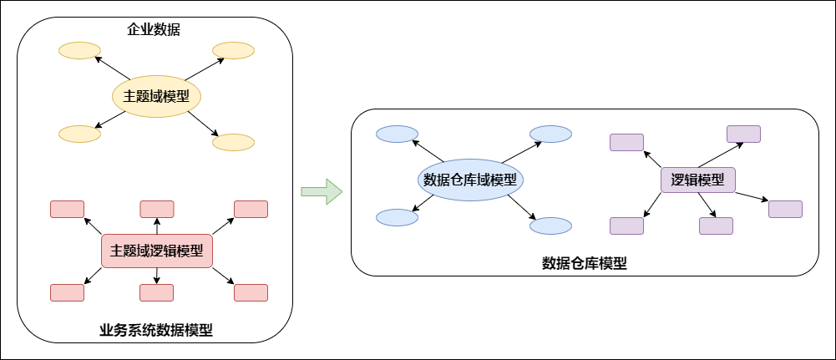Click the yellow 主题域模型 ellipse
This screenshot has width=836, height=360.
point(157,96)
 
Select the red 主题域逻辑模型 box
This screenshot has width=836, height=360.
point(157,251)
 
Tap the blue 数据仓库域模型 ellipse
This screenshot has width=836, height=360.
point(470,180)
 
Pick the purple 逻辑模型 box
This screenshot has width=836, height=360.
point(698,180)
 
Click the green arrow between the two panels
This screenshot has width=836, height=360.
point(322,191)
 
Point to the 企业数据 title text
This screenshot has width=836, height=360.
point(155,31)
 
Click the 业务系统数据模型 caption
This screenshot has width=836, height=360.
point(156,330)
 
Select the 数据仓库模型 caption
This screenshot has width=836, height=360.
point(585,263)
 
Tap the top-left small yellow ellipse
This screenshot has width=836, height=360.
point(79,51)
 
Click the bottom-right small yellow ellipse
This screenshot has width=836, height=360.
point(233,142)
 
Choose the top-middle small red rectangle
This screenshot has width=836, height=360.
point(157,209)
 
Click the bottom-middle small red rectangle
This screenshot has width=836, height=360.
point(156,292)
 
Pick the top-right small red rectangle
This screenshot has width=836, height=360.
point(251,209)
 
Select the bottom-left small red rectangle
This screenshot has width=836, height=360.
point(67,292)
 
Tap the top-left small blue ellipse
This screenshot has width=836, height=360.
point(397,134)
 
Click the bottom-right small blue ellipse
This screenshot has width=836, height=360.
point(550,226)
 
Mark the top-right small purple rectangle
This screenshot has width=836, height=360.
point(743,134)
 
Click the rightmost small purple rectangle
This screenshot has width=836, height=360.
point(785,209)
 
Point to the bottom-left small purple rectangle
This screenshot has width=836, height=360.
point(626,226)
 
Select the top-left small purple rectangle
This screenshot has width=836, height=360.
point(626,142)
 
